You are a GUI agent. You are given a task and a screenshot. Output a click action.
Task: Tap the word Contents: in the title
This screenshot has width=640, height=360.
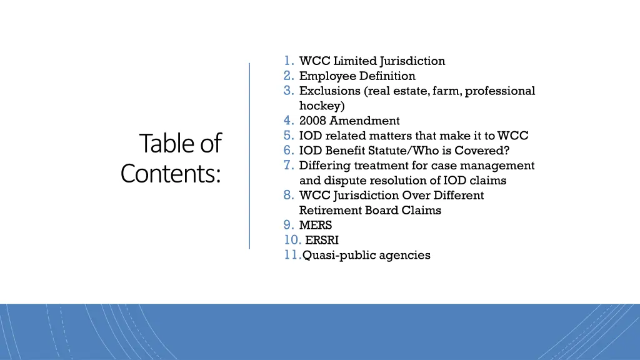point(171,174)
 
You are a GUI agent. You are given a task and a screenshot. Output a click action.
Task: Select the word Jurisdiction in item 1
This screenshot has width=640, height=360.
point(413,61)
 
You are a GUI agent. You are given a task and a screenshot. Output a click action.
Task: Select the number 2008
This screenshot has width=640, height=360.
point(312,121)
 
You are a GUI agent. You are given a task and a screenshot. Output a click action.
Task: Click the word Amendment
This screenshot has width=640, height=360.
point(365,121)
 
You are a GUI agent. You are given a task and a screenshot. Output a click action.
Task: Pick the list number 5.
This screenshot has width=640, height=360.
point(288,136)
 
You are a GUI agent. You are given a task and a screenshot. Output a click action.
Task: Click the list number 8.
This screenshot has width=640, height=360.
point(288,195)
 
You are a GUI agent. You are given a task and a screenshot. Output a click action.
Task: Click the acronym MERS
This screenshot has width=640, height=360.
point(316,226)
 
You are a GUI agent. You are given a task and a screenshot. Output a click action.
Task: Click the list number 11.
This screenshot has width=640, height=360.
point(292,255)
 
